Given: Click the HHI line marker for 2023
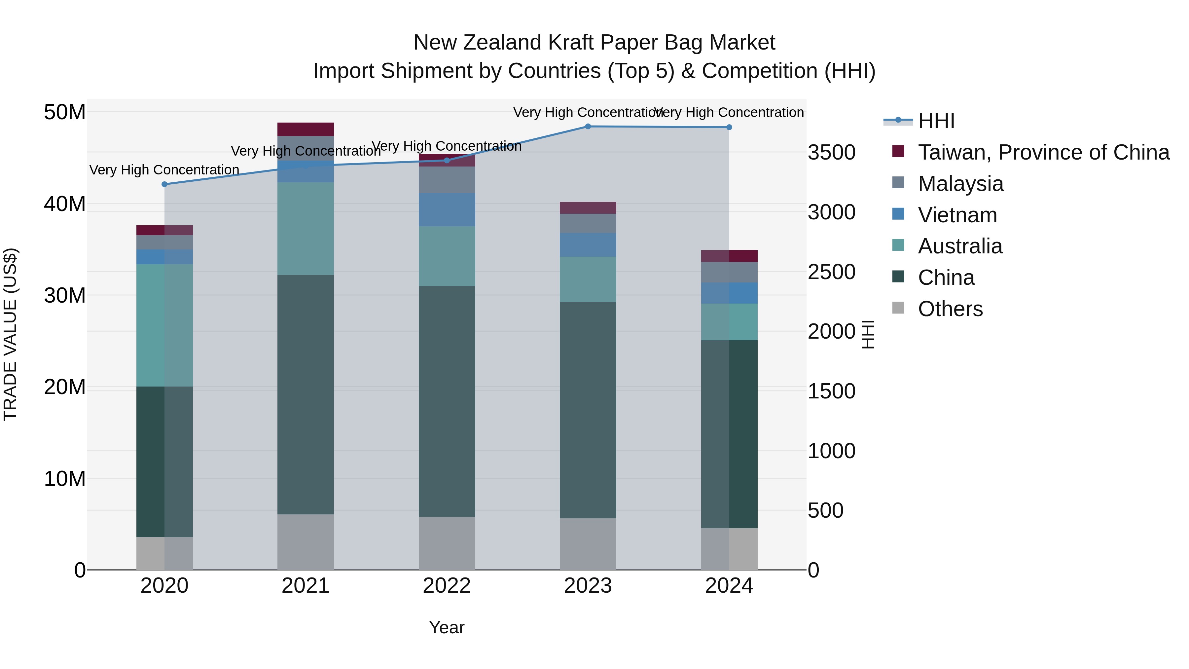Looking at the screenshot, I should pos(588,127).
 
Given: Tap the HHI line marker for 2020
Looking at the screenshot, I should pos(164,184).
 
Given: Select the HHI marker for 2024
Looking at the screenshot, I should pos(729,128).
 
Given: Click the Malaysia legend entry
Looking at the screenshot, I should pos(960,184).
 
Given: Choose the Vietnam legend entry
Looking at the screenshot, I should pos(957,215).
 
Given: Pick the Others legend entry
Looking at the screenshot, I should pos(950,309).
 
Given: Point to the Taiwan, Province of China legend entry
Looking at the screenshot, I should pos(1043,152).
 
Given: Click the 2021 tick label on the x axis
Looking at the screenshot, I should pos(306,586).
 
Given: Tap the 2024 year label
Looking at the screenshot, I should pos(729,586).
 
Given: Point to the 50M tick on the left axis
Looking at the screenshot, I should pos(65,112).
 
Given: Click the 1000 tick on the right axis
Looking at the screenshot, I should pos(831,451).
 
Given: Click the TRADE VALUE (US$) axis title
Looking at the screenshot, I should pos(10,334).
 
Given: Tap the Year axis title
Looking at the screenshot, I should pos(446,627).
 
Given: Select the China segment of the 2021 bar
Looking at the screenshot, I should pos(306,395).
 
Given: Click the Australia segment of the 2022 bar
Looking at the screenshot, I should pos(446,256).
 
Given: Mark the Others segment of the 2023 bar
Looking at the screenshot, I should pos(588,544).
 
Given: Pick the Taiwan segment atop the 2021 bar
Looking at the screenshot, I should pos(306,129).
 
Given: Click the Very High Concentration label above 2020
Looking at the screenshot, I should pos(164,170).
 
